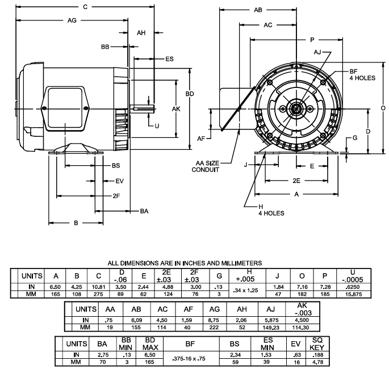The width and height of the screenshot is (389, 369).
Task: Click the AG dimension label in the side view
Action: click(x=72, y=20)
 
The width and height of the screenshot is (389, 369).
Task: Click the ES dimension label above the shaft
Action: click(x=169, y=58)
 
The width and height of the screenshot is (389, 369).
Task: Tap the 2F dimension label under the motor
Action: click(x=116, y=195)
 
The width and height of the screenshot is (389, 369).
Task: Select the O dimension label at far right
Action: click(x=383, y=108)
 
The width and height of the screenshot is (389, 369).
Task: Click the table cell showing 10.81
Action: click(x=99, y=287)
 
